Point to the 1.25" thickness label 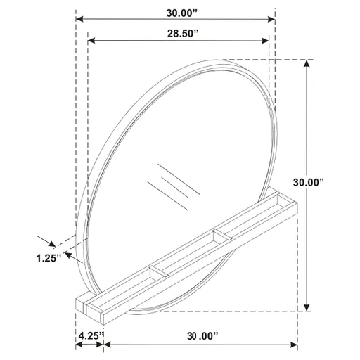(x=48, y=257)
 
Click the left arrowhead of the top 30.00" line (x=79, y=18)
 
